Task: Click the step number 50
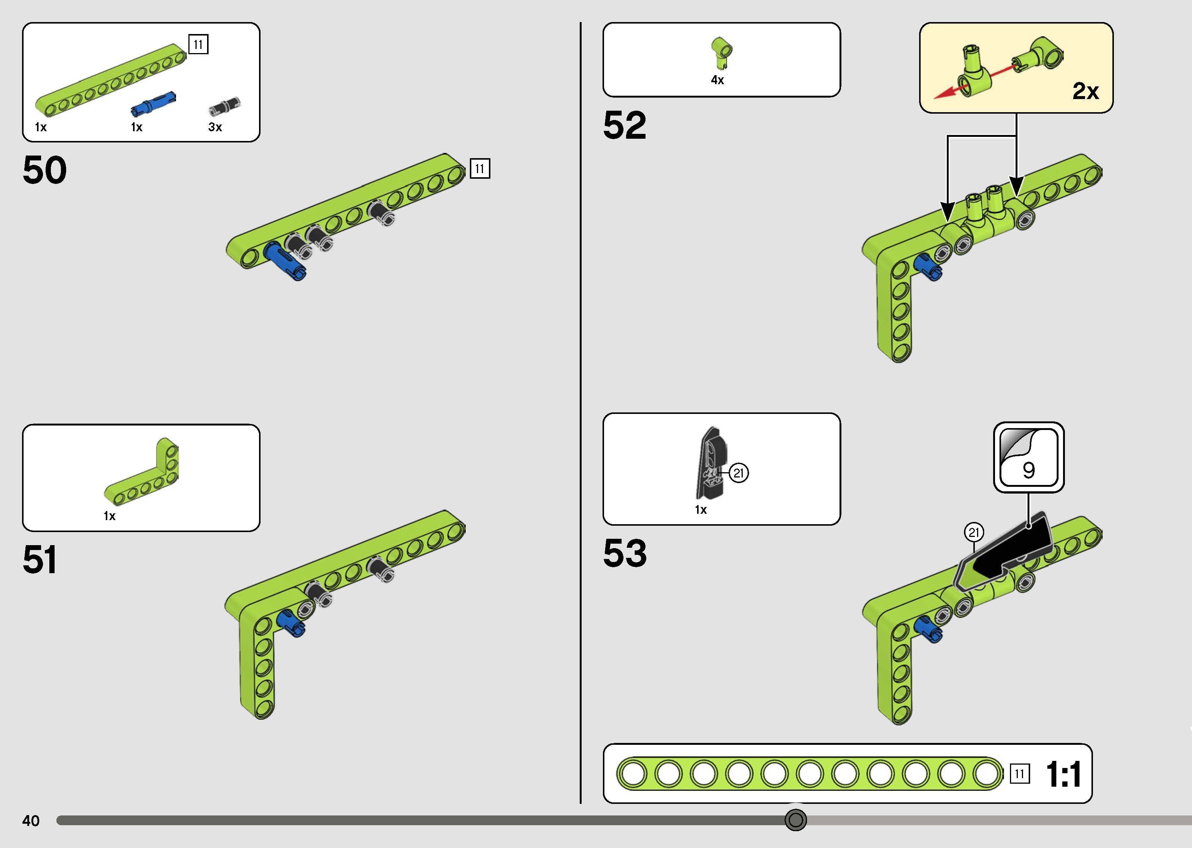point(45,170)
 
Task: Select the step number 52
point(625,125)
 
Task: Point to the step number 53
point(625,553)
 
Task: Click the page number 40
point(31,821)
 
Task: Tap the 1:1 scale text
point(1064,774)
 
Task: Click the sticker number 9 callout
point(1029,457)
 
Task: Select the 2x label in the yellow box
point(1085,91)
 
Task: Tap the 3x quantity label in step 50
point(215,127)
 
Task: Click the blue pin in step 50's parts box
point(153,103)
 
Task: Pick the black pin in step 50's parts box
point(224,106)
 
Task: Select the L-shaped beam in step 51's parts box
point(141,472)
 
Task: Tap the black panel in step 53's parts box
point(711,463)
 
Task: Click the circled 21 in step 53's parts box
point(739,473)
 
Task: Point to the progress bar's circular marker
point(795,820)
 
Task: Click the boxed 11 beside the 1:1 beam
point(1020,774)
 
